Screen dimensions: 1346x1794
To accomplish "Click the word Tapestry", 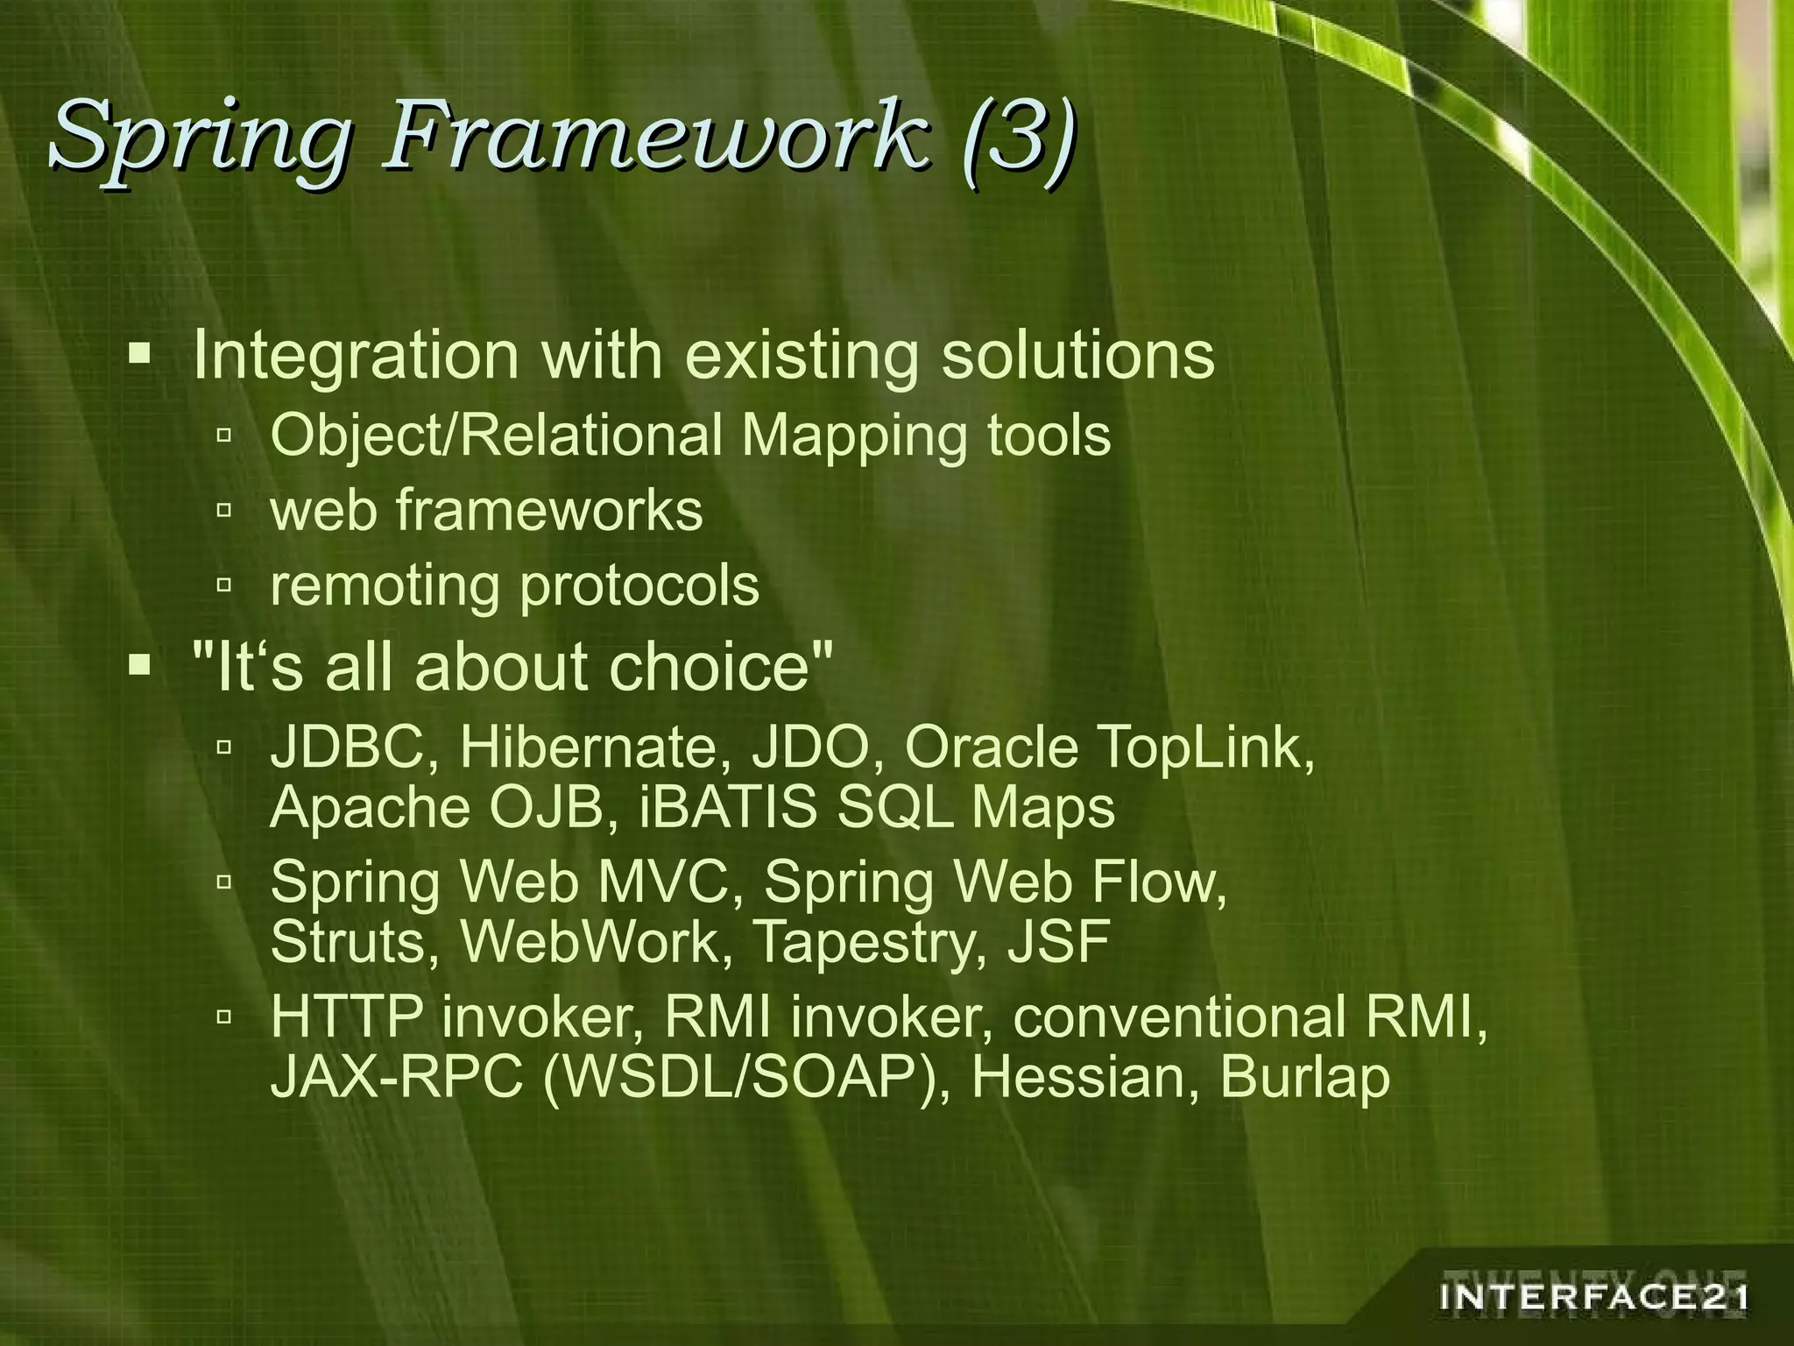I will (x=872, y=942).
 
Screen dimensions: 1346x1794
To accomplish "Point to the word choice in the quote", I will (x=718, y=668).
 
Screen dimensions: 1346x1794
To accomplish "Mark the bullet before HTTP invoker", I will (x=224, y=1017).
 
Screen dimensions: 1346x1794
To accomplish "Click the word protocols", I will (x=639, y=585).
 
